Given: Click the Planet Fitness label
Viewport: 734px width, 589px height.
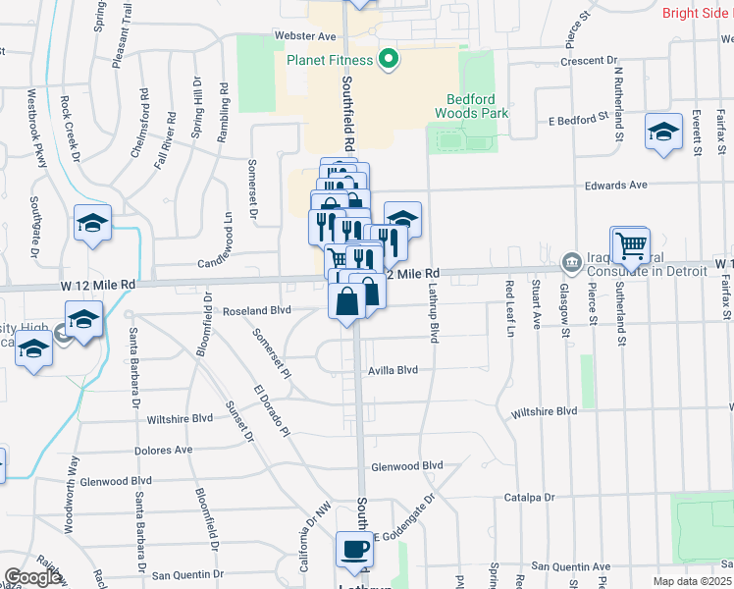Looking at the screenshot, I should coord(330,60).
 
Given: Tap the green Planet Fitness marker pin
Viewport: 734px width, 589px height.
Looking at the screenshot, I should coord(388,61).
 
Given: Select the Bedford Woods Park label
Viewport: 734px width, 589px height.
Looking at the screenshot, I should coord(478,106).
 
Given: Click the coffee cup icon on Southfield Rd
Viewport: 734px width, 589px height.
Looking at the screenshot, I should coord(354,550).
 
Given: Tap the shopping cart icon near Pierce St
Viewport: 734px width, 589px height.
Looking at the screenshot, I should coord(631,244).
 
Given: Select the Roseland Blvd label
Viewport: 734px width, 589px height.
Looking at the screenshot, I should coord(258,310).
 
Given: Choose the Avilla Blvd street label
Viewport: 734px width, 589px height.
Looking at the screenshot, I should coord(393,370).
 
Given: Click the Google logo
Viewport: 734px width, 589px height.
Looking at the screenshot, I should coord(32,577).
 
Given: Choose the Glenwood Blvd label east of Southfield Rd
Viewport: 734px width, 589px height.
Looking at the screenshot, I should coord(407,466).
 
